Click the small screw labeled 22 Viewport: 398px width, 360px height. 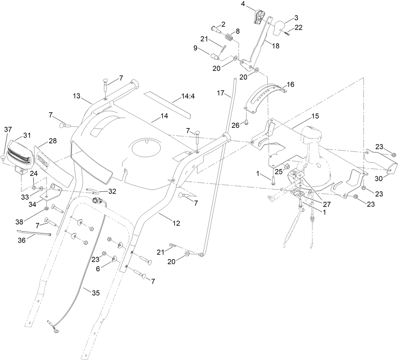287,33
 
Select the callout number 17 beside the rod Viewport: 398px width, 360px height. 220,93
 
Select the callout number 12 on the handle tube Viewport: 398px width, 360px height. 176,223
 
